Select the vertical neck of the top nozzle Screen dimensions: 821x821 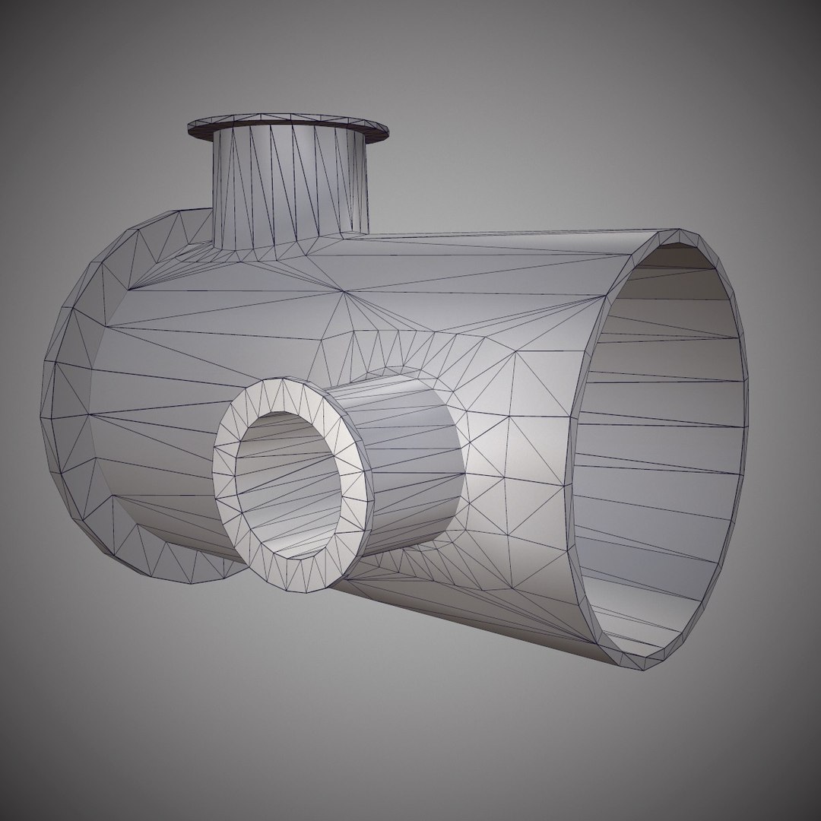pos(289,186)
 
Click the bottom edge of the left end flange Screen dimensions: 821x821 pos(190,582)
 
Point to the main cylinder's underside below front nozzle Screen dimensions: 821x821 pos(456,608)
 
